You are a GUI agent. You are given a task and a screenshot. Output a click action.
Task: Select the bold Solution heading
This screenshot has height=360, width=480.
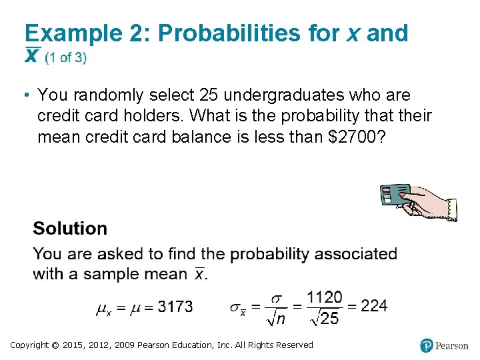coord(70,229)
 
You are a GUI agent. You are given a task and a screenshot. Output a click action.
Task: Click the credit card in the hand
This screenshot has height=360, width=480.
coord(394,194)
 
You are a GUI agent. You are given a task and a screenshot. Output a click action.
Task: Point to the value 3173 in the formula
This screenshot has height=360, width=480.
coord(176,307)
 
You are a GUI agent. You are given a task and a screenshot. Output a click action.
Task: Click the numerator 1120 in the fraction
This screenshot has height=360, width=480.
coord(325,297)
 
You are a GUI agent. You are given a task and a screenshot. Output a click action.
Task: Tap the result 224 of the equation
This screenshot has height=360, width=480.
coord(374,306)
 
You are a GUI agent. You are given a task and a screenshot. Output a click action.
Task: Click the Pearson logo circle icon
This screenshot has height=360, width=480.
coord(427,345)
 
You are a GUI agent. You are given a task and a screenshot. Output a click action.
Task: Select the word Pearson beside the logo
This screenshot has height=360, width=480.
coord(452,346)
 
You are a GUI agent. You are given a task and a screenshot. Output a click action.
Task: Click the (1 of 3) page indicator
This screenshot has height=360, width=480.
coord(65,57)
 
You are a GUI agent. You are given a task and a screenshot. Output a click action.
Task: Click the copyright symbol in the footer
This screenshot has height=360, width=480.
coord(55,345)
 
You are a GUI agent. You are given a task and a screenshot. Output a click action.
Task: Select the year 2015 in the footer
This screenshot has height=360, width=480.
coord(71,345)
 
